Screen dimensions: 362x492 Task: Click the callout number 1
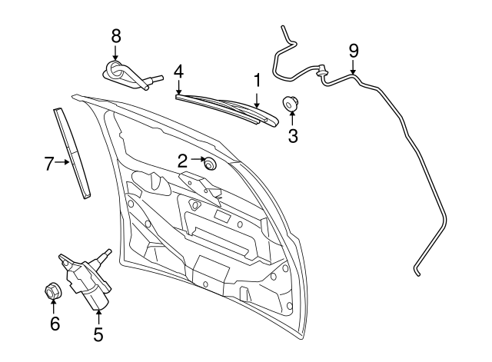(x=258, y=78)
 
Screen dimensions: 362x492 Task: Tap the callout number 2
(x=182, y=160)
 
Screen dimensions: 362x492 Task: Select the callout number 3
(x=292, y=137)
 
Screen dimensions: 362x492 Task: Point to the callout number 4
(x=178, y=71)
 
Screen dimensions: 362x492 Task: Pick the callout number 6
(x=55, y=323)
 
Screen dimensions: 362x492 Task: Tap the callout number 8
(x=116, y=35)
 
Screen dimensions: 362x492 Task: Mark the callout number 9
(x=354, y=51)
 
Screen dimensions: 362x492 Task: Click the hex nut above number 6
(x=53, y=291)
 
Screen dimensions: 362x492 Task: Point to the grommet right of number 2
(x=208, y=162)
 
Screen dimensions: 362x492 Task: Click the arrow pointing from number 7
(x=62, y=162)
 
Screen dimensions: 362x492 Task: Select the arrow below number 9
(x=354, y=67)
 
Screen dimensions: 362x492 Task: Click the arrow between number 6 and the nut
(x=54, y=307)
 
